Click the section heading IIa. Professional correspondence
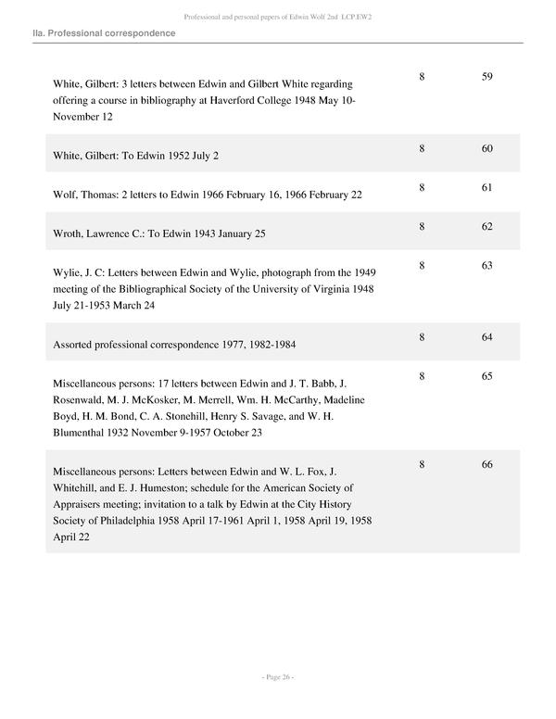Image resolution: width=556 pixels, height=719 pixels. [x=103, y=33]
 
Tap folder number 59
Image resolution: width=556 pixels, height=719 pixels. [x=486, y=77]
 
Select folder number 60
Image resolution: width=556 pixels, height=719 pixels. [x=486, y=148]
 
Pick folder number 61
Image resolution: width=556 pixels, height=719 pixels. [x=486, y=187]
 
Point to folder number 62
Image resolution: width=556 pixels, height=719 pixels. [x=486, y=227]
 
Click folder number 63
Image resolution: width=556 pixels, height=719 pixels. [x=486, y=266]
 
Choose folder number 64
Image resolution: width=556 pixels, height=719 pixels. [x=486, y=337]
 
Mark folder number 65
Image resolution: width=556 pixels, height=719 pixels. [x=486, y=376]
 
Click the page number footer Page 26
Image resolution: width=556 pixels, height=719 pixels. [x=277, y=678]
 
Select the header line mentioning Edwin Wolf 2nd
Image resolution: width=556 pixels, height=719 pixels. [x=277, y=17]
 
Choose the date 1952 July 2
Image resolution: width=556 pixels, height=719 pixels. [x=189, y=156]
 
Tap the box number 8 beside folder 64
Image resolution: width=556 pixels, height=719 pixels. [x=422, y=337]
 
